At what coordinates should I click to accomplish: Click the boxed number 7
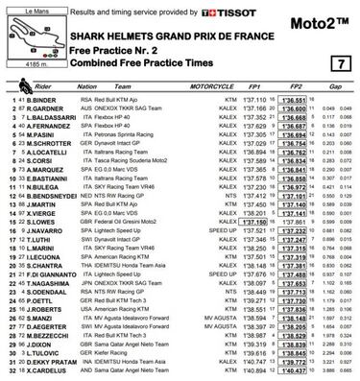pyautogui.click(x=337, y=62)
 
